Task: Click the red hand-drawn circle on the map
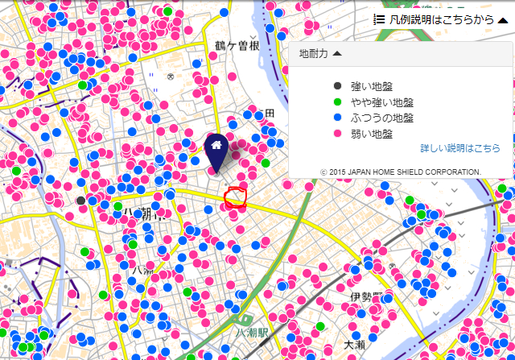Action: [235, 197]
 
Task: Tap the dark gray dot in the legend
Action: [338, 86]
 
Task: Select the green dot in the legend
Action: [338, 102]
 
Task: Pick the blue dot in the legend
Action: [338, 118]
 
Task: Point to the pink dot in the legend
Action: [338, 134]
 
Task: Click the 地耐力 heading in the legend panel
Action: [313, 54]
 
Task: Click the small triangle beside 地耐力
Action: [336, 54]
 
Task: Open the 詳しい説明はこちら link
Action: [459, 149]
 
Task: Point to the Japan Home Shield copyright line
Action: [400, 172]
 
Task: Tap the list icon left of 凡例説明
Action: [379, 20]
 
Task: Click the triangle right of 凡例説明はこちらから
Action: [502, 20]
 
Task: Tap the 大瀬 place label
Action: [354, 345]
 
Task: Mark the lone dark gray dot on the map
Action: [80, 200]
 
